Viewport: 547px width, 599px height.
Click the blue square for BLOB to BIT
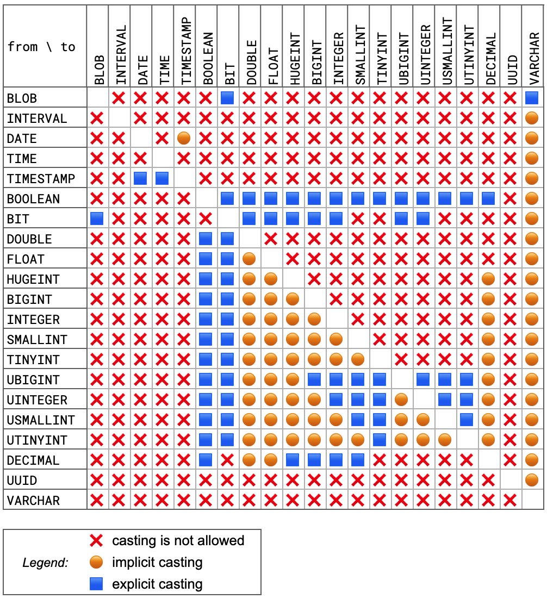click(x=227, y=98)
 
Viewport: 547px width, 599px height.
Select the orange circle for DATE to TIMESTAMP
click(x=184, y=139)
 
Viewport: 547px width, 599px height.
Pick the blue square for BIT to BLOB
click(x=97, y=219)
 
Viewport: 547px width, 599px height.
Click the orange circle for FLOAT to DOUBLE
click(x=249, y=259)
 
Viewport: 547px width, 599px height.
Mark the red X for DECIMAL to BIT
click(x=227, y=460)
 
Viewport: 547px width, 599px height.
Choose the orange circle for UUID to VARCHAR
click(x=532, y=481)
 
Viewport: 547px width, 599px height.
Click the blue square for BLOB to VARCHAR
click(x=532, y=98)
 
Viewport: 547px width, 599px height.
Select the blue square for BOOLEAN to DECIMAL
click(x=488, y=199)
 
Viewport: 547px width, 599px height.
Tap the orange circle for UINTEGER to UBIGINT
click(x=401, y=400)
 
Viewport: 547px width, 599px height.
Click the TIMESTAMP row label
click(x=41, y=179)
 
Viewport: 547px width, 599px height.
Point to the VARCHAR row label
click(x=33, y=501)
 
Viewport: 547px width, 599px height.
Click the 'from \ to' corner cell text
click(x=41, y=47)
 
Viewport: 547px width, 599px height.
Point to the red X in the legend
click(x=96, y=541)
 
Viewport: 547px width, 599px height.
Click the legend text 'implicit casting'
click(x=157, y=563)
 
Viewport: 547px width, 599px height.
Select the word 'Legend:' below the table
click(x=45, y=563)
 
